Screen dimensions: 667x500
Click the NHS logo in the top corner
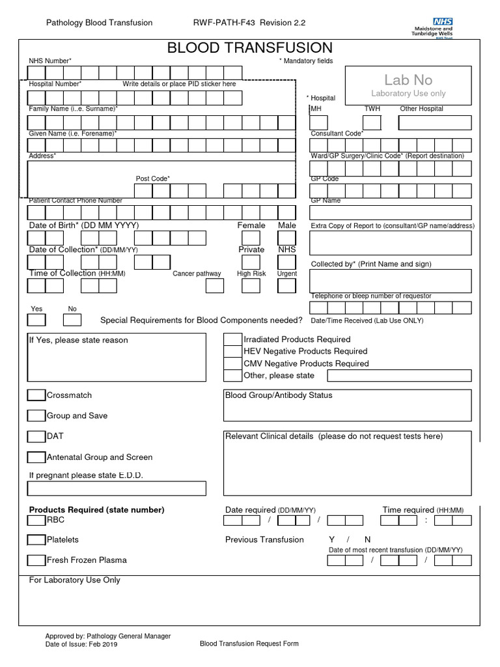442,22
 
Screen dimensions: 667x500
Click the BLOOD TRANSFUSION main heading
250,48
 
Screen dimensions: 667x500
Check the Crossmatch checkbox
36,395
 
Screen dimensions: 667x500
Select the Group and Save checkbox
36,416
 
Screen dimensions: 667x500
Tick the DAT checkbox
36,436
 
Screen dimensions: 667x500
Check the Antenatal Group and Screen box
36,457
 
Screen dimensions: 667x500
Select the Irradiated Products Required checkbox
232,339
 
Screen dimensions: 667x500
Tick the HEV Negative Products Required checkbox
232,351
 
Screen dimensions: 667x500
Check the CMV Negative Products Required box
232,363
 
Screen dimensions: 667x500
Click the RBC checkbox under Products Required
36,520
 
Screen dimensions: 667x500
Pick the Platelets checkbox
36,540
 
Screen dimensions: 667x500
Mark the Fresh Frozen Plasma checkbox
36,560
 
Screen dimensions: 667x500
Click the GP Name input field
391,212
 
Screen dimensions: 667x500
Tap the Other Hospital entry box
435,123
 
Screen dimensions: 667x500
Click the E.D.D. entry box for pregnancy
117,489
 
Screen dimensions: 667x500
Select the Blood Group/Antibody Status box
348,405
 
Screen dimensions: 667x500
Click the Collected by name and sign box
391,281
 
